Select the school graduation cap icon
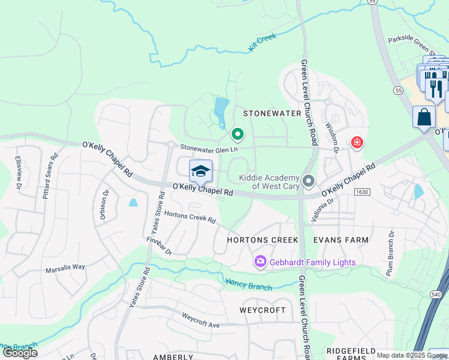[201, 172]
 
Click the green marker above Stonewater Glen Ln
[238, 134]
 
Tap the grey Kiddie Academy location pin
[309, 181]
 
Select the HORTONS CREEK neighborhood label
[262, 240]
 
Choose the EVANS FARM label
[341, 240]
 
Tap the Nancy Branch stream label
[249, 285]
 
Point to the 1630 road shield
[362, 192]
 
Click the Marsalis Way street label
[65, 269]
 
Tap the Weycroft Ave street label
[201, 320]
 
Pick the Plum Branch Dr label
[391, 252]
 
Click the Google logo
[19, 352]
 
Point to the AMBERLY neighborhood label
[173, 356]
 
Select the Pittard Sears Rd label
[49, 175]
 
